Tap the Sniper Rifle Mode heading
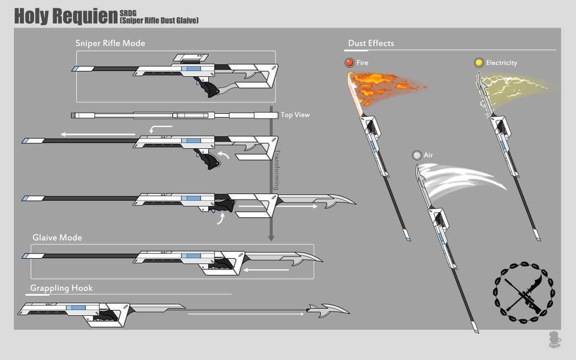(110, 43)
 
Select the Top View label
(295, 115)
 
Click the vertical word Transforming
(276, 170)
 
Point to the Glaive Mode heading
(57, 238)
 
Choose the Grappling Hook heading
(61, 288)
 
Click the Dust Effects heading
(371, 43)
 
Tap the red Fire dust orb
(349, 63)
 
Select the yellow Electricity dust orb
(479, 63)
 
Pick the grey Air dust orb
(417, 155)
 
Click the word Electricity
(502, 63)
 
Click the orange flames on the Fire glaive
(384, 84)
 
